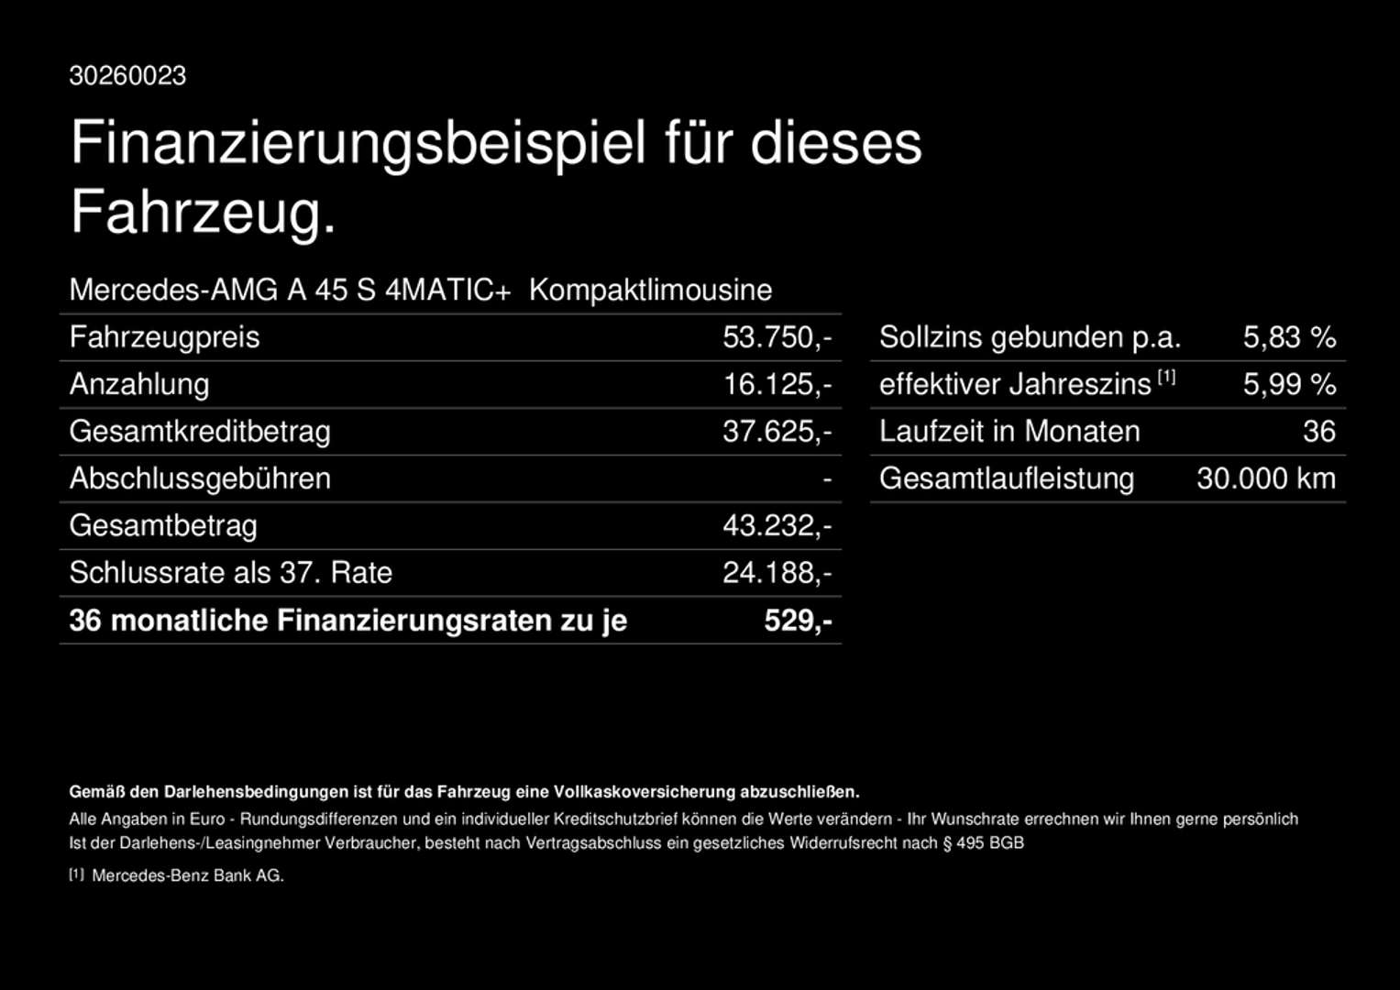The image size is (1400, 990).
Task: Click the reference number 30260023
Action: pyautogui.click(x=127, y=76)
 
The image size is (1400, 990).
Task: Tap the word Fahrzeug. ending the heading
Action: pyautogui.click(x=204, y=212)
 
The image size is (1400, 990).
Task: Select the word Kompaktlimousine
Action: pyautogui.click(x=650, y=291)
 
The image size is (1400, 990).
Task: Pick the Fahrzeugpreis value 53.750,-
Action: pyautogui.click(x=777, y=337)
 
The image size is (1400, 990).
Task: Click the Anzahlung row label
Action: pyautogui.click(x=139, y=384)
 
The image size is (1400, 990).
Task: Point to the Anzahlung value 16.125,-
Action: pyautogui.click(x=777, y=384)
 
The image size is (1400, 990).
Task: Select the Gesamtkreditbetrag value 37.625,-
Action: pyautogui.click(x=777, y=432)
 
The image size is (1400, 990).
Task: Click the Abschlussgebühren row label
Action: pyautogui.click(x=200, y=478)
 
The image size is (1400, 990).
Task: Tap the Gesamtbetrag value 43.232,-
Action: pyautogui.click(x=777, y=526)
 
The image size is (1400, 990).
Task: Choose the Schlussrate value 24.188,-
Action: pyautogui.click(x=777, y=573)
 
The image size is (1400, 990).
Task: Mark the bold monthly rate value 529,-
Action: pyautogui.click(x=798, y=621)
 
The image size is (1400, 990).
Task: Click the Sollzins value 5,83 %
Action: pyautogui.click(x=1289, y=337)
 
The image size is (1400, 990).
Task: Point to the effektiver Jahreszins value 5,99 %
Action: pyautogui.click(x=1289, y=384)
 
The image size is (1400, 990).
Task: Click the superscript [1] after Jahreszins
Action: pyautogui.click(x=1166, y=377)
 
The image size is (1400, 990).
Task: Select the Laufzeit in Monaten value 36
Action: pyautogui.click(x=1318, y=432)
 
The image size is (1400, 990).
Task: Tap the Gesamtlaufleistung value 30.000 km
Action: pyautogui.click(x=1265, y=478)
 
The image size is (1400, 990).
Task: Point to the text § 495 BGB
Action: pyautogui.click(x=983, y=843)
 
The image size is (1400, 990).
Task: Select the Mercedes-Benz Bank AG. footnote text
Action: pyautogui.click(x=188, y=876)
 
